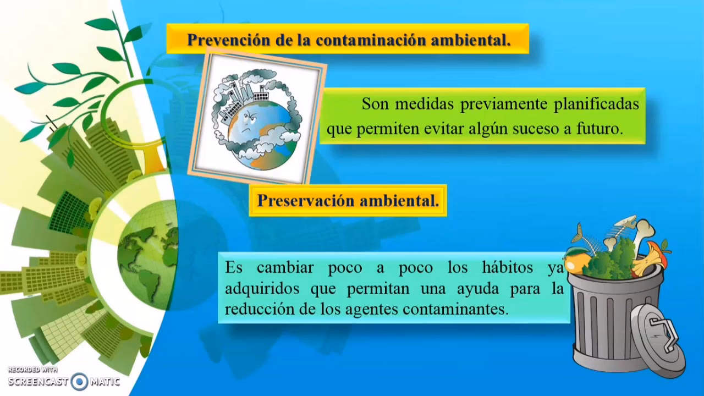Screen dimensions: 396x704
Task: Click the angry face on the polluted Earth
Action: [x=251, y=118]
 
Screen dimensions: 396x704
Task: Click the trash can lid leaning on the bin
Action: [x=658, y=338]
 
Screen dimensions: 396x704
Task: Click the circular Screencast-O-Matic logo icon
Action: [x=80, y=381]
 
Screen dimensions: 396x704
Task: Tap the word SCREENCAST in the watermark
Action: [x=38, y=381]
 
